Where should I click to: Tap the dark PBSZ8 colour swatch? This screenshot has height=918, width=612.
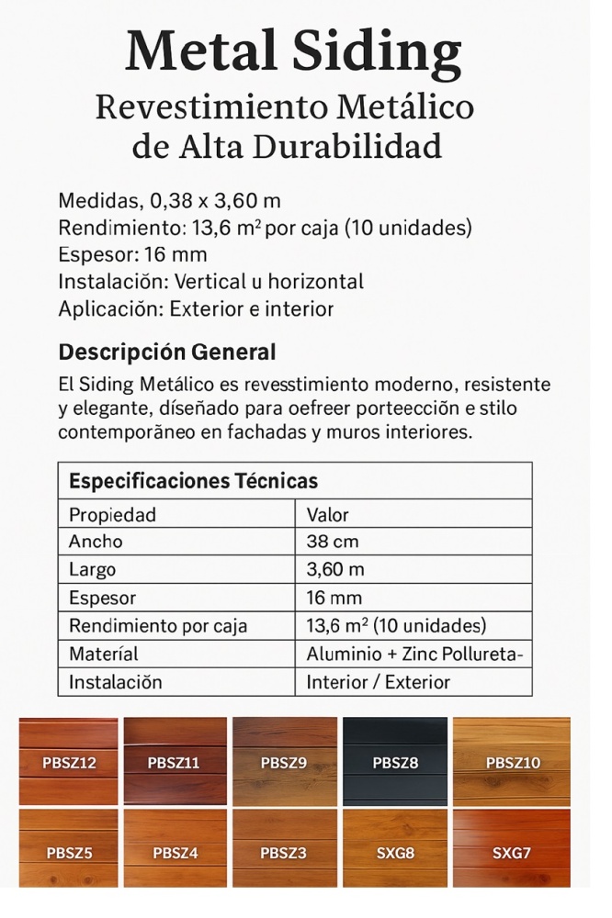coord(395,761)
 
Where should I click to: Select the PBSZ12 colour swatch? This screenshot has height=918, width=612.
coord(69,761)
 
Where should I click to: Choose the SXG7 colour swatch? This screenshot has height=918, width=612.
coord(511,852)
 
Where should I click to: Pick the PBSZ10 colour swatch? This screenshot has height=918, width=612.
coord(512,761)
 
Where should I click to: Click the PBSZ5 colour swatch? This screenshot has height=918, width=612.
coord(69,852)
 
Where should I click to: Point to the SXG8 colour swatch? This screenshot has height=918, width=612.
coord(395,852)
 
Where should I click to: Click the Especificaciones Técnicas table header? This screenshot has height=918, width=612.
coord(194,481)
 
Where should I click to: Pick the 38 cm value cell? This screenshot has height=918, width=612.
coord(333,542)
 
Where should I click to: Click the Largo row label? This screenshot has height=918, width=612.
coord(92,570)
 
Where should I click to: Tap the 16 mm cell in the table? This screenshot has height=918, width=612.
coord(334,599)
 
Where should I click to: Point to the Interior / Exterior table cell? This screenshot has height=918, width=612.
coord(379,682)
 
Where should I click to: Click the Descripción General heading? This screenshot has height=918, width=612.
coord(166,352)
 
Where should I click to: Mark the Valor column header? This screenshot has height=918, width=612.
coord(328,514)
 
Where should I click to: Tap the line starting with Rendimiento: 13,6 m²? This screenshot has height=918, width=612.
coord(265,228)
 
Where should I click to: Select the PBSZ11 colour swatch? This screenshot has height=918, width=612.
coord(174,761)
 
